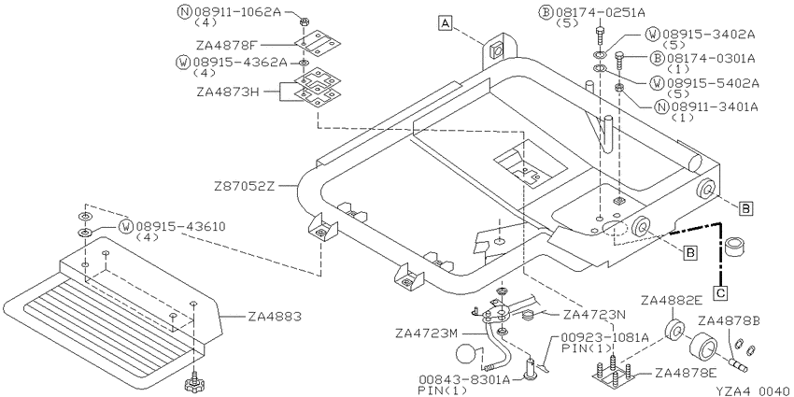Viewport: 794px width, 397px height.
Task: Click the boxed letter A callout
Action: click(445, 22)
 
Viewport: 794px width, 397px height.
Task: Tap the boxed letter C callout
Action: click(720, 292)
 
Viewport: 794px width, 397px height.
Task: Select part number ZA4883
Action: click(275, 318)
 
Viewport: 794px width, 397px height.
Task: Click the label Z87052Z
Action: click(244, 186)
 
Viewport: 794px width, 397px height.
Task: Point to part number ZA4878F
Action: click(225, 45)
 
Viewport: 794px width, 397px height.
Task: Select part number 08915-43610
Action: click(180, 226)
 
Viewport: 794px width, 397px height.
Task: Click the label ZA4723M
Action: click(426, 333)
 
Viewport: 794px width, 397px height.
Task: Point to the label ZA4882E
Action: click(672, 301)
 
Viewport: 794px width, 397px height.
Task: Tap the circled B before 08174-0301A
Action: click(657, 58)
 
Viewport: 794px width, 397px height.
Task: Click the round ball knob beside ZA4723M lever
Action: click(467, 354)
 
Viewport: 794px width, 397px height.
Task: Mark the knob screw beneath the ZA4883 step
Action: click(194, 383)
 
